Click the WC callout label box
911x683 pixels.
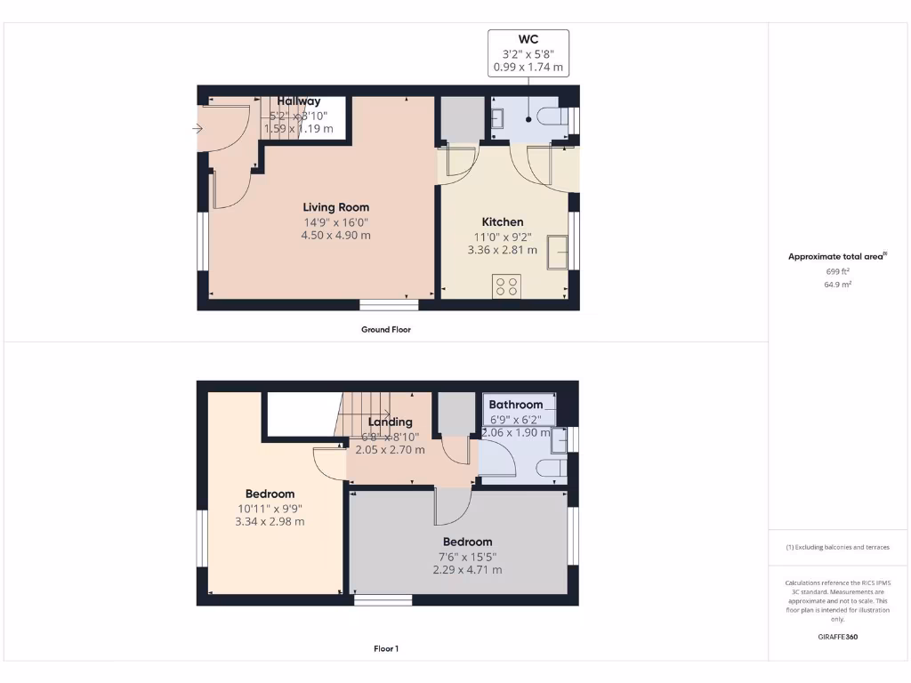[x=528, y=53]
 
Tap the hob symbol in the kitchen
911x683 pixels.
[x=507, y=286]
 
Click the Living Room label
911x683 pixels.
[x=335, y=207]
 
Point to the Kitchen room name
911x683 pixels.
[x=503, y=222]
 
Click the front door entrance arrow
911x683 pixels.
[x=197, y=129]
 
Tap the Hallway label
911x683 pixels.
[x=298, y=101]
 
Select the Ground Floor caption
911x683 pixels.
[x=386, y=329]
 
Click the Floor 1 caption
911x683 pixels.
[x=386, y=649]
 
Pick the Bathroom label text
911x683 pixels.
[x=515, y=405]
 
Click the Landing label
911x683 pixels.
[x=390, y=422]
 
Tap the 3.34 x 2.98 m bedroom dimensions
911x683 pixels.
[x=270, y=522]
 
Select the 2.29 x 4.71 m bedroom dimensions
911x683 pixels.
[x=467, y=570]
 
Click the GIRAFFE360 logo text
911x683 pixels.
[x=838, y=637]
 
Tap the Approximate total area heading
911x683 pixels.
[x=836, y=256]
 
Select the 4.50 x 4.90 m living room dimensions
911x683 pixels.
[x=335, y=236]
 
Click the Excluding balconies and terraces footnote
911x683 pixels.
[x=838, y=547]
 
